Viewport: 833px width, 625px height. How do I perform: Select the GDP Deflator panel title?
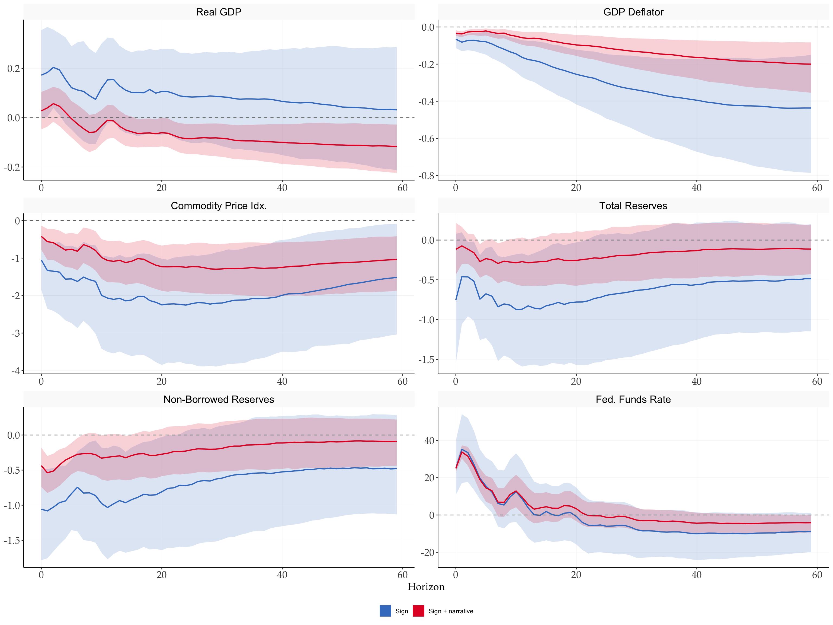633,12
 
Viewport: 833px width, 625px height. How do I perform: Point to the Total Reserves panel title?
633,206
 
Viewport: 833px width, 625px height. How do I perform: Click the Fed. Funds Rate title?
633,399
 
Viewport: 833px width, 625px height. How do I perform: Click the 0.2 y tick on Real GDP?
14,69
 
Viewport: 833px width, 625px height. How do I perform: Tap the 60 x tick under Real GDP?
403,188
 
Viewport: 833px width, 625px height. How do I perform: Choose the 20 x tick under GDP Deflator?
576,188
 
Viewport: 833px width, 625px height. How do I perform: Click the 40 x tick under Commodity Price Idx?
282,381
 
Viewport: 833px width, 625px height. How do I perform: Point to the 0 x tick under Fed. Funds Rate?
456,575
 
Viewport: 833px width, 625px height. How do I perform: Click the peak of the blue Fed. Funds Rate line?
462,449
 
